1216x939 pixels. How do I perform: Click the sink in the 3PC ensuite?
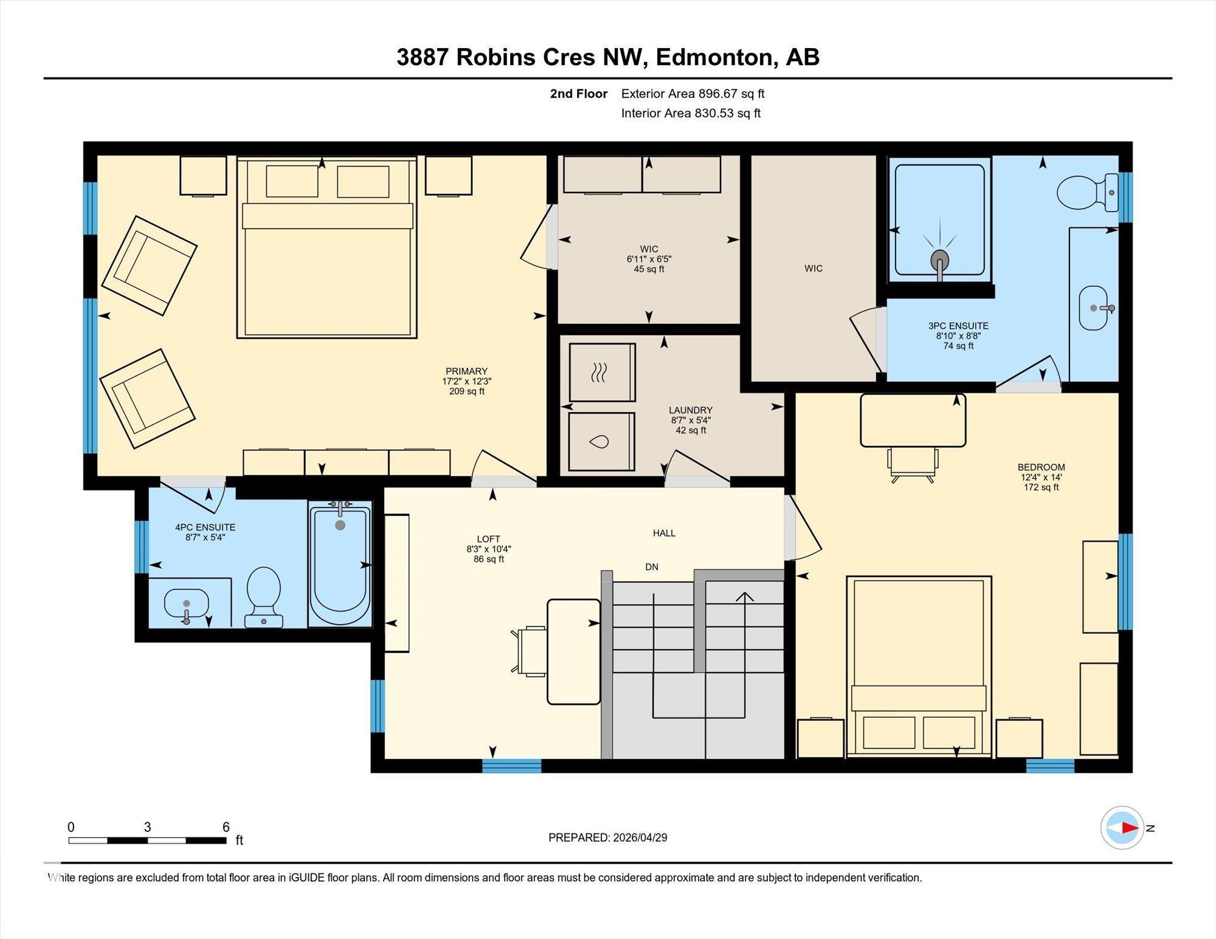click(x=1094, y=308)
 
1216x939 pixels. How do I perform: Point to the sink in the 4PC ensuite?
click(x=187, y=605)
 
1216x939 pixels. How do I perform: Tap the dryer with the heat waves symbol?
click(x=602, y=372)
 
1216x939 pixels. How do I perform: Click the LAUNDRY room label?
click(x=691, y=410)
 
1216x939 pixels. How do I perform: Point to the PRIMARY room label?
click(x=466, y=371)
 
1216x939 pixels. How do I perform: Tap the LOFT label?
click(x=488, y=539)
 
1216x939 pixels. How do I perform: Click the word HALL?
click(x=664, y=533)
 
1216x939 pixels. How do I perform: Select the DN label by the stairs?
click(x=652, y=567)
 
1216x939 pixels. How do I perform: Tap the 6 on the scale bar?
click(x=226, y=827)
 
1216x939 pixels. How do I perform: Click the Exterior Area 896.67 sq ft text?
click(x=693, y=94)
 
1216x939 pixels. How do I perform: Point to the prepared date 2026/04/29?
click(x=640, y=838)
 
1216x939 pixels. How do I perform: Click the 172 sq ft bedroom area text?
click(x=1041, y=487)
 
